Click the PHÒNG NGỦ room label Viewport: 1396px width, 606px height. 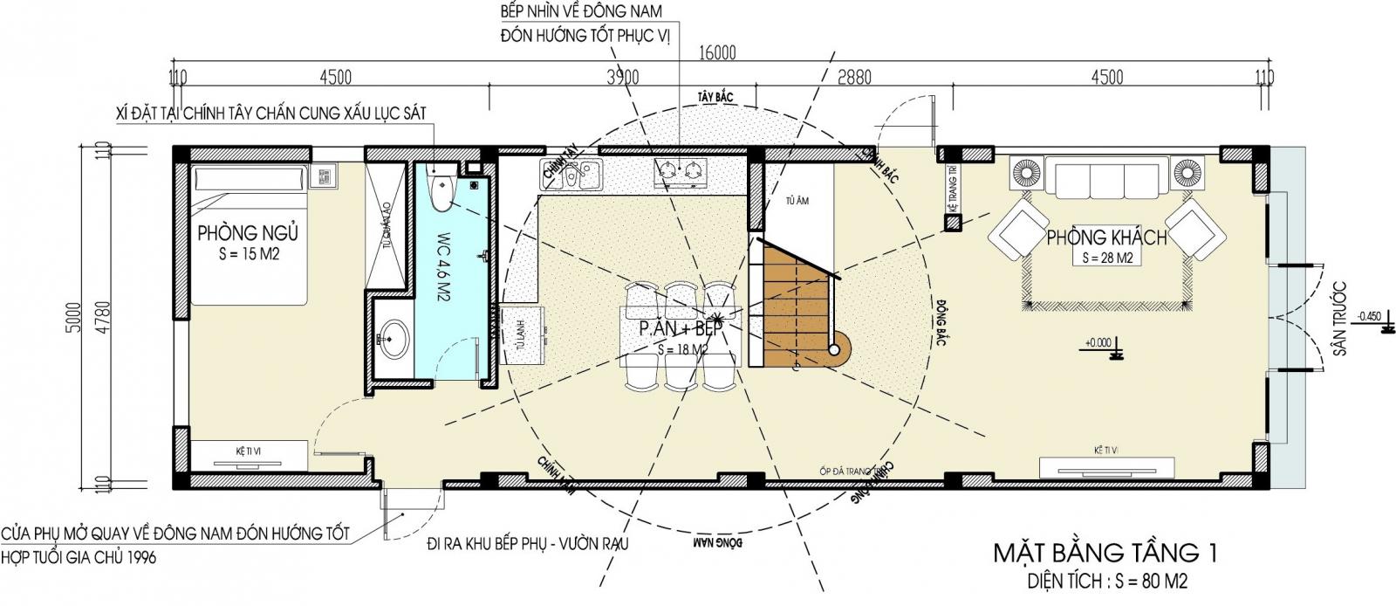(248, 234)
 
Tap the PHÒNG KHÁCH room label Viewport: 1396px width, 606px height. (1105, 238)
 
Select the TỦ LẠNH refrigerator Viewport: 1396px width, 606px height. (522, 333)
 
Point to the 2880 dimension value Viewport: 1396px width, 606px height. (852, 78)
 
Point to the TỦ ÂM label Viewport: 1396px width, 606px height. (797, 201)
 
